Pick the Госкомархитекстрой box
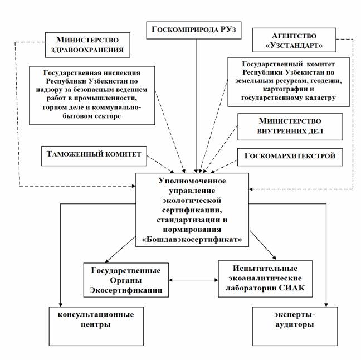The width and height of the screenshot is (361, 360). [288, 157]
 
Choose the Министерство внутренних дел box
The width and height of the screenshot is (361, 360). [288, 127]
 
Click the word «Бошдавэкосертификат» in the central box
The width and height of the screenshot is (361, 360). [193, 237]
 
